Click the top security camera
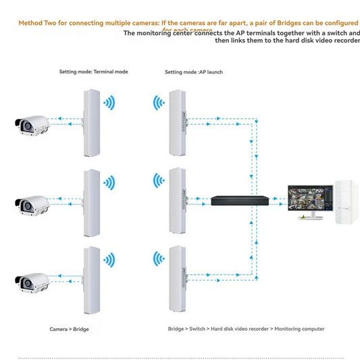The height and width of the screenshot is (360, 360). tap(32, 124)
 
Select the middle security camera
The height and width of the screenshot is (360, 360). tap(32, 202)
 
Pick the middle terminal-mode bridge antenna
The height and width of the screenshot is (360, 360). tap(91, 203)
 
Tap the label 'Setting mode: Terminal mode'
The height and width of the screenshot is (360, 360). tap(93, 72)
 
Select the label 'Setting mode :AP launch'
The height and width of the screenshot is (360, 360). tap(194, 72)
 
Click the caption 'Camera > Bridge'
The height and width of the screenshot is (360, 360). tap(69, 329)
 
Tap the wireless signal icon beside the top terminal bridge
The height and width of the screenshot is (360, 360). tap(109, 103)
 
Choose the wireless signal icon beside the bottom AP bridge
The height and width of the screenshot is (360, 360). tap(159, 259)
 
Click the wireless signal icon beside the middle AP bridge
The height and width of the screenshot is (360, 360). tap(159, 180)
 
